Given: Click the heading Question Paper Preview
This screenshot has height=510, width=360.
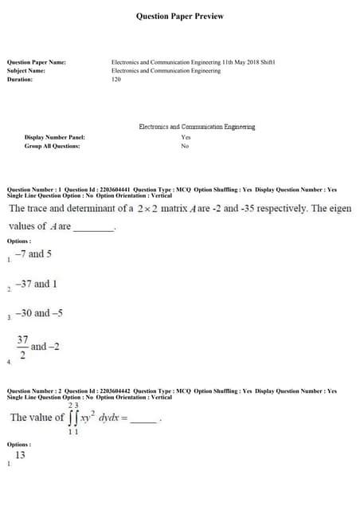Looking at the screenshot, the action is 180,16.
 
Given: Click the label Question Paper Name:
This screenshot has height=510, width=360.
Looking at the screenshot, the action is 37,62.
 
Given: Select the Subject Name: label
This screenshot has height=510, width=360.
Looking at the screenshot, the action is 26,71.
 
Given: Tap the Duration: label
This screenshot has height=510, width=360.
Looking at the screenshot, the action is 20,80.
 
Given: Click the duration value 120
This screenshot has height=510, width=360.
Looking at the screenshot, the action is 116,80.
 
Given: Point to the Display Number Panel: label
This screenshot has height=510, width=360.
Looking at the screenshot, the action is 55,138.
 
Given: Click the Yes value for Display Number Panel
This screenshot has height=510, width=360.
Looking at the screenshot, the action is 186,138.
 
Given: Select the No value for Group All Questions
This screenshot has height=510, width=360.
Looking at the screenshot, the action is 185,146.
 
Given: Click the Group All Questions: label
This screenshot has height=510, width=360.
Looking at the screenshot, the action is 53,146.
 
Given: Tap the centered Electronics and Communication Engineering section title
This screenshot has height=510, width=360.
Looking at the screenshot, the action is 197,127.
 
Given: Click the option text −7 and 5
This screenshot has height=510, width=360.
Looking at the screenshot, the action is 33,254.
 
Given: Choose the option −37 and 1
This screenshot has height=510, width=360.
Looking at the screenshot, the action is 36,284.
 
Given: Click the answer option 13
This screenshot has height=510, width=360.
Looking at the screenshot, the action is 20,455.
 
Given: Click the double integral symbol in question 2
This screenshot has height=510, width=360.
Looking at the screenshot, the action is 73,418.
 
